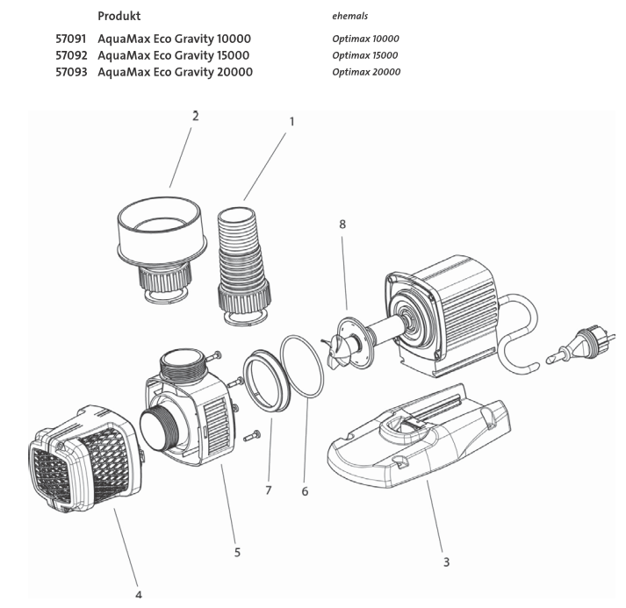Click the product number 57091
click(x=73, y=39)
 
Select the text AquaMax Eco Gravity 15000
click(x=174, y=55)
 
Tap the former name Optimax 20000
click(x=366, y=72)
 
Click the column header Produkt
click(x=119, y=16)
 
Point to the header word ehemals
click(x=349, y=16)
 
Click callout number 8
click(x=342, y=225)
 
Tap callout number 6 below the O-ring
click(x=305, y=491)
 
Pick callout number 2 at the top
click(x=195, y=116)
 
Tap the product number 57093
click(x=73, y=72)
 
